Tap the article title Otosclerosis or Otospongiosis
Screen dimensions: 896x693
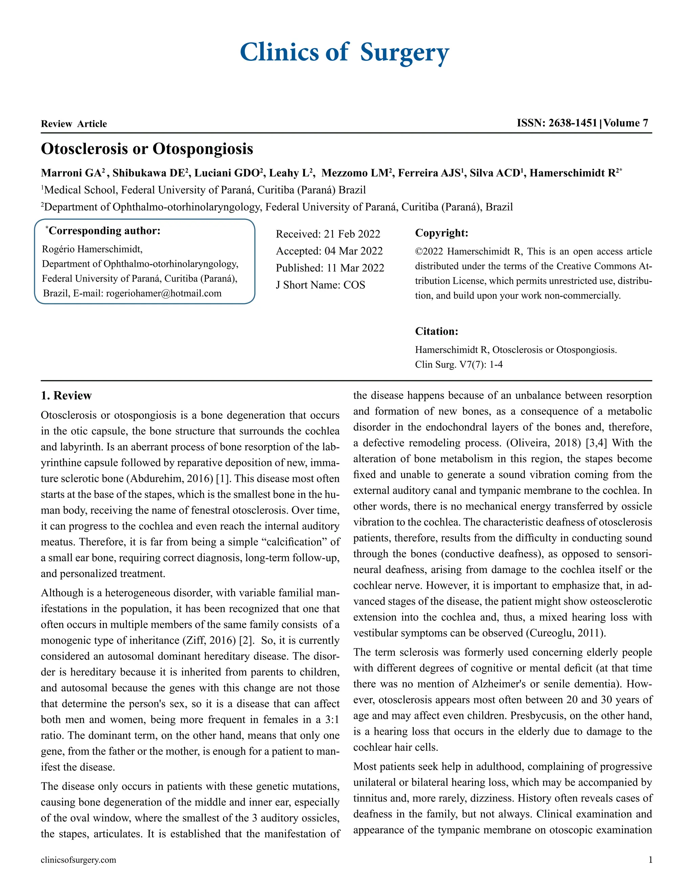pyautogui.click(x=147, y=149)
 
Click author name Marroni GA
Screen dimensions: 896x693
pyautogui.click(x=71, y=173)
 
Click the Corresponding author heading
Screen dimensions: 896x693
pyautogui.click(x=104, y=231)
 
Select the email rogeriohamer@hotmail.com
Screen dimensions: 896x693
pyautogui.click(x=163, y=293)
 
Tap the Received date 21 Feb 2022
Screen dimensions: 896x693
pyautogui.click(x=352, y=234)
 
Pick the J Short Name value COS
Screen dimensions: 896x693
pyautogui.click(x=354, y=285)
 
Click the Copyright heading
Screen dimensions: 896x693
pyautogui.click(x=441, y=233)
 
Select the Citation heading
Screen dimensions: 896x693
pyautogui.click(x=437, y=331)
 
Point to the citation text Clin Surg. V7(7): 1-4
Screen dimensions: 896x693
pyautogui.click(x=459, y=364)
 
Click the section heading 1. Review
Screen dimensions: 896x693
pyautogui.click(x=66, y=396)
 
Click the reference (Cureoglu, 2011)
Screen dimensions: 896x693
pyautogui.click(x=565, y=633)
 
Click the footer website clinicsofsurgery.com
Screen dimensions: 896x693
pyautogui.click(x=79, y=860)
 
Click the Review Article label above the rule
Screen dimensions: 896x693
pyautogui.click(x=74, y=124)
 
